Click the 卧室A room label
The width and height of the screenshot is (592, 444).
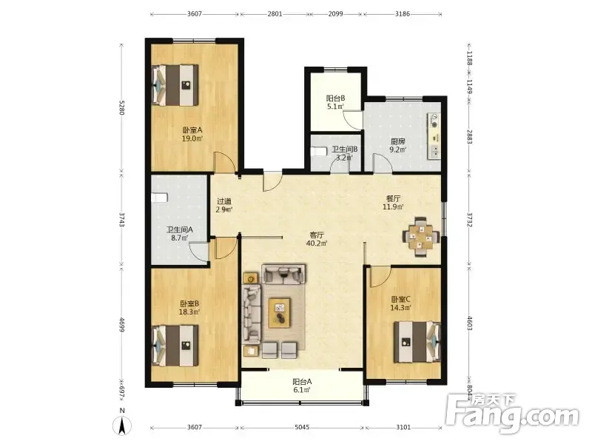coord(192,130)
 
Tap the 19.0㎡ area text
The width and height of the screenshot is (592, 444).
coord(192,138)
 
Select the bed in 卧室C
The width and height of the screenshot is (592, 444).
coord(417,342)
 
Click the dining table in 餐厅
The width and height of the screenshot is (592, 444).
coord(421,237)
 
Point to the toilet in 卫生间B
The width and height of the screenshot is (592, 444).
coord(319,152)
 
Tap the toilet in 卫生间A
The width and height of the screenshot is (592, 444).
coord(159,198)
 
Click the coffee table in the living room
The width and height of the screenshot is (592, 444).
coord(280,312)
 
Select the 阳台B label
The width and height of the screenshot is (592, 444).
coord(336,98)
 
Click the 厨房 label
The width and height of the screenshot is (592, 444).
coord(398,141)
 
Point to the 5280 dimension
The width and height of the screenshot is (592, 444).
coord(121,107)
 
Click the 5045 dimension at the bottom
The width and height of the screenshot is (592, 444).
coord(302,428)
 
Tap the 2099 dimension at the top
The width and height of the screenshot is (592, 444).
coord(336,14)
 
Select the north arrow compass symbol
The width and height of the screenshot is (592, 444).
coord(122,426)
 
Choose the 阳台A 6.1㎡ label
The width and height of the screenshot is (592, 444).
coord(302,386)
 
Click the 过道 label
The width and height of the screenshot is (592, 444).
coord(224,201)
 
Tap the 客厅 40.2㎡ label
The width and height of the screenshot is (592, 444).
coord(317,239)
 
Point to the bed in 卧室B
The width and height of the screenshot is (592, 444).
coord(175,346)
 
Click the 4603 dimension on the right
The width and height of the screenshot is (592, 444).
coord(470,323)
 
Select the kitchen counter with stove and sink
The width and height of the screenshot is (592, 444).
coord(434,136)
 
